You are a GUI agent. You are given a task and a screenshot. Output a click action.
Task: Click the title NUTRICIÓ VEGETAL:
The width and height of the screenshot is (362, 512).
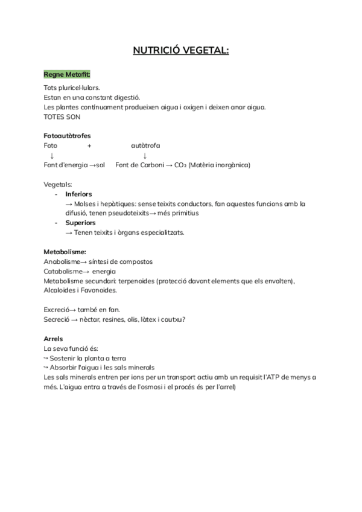coord(181,51)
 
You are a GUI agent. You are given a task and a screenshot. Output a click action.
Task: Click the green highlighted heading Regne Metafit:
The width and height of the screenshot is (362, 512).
coord(67,74)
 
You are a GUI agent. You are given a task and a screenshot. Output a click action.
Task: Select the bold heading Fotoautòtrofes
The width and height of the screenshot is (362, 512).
coord(68,136)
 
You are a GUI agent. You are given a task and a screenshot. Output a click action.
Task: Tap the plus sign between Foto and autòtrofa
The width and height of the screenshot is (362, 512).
coord(89,146)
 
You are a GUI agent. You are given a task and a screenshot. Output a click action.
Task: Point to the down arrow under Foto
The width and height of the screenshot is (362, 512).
coord(52,156)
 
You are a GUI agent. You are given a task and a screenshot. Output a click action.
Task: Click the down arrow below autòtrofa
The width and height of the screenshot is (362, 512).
coord(145,156)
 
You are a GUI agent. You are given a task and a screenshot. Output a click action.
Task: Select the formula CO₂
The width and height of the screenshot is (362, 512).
coord(180,165)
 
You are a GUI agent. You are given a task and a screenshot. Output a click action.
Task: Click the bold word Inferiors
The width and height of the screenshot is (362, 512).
coord(78,194)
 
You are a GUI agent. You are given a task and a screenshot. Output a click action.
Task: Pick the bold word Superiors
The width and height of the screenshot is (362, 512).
coord(80,223)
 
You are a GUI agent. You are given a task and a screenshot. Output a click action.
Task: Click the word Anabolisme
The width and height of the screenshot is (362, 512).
coord(62,261)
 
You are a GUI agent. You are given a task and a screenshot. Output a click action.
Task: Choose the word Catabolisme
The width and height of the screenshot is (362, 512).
coord(62,271)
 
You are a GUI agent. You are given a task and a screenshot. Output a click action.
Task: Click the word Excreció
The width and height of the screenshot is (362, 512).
coord(57,310)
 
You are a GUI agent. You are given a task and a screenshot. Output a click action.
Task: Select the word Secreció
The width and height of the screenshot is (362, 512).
coord(57,319)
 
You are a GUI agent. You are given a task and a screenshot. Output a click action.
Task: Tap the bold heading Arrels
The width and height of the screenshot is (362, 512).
coord(53,339)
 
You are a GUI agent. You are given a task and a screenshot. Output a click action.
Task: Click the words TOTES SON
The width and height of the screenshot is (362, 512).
coord(62,117)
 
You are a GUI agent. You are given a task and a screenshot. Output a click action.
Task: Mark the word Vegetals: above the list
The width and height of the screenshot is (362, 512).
coord(58,184)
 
